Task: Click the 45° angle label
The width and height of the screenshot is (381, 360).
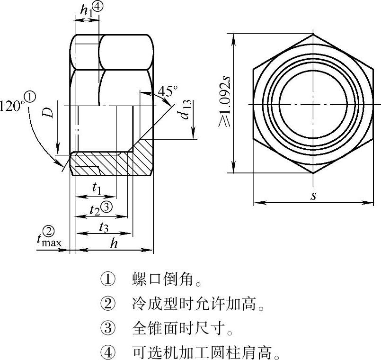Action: (168, 91)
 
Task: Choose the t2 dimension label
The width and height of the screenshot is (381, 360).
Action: (95, 209)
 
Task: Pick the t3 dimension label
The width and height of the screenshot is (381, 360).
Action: (104, 228)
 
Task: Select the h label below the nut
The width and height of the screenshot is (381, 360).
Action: (114, 243)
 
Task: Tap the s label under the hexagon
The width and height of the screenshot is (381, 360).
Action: (313, 196)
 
